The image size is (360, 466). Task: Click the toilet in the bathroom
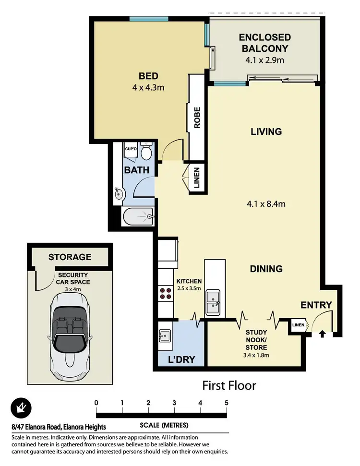pyautogui.click(x=147, y=151)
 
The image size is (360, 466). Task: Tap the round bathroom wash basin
pyautogui.click(x=120, y=194)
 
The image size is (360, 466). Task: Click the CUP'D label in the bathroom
pyautogui.click(x=131, y=149)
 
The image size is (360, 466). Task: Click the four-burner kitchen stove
pyautogui.click(x=166, y=293)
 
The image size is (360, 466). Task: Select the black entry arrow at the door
pyautogui.click(x=321, y=332)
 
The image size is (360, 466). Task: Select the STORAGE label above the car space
pyautogui.click(x=70, y=257)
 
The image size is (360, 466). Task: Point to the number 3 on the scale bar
pyautogui.click(x=174, y=402)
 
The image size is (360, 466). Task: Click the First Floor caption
pyautogui.click(x=229, y=385)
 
